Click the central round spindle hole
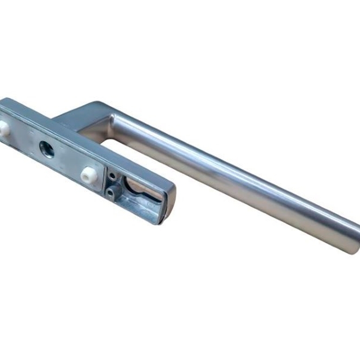[x=47, y=149]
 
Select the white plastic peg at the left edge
[x=4, y=128]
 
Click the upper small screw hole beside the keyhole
[x=113, y=176]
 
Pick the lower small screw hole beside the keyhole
[x=110, y=191]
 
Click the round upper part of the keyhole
[x=135, y=186]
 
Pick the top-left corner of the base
[x=4, y=100]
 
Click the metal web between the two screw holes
[x=111, y=183]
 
